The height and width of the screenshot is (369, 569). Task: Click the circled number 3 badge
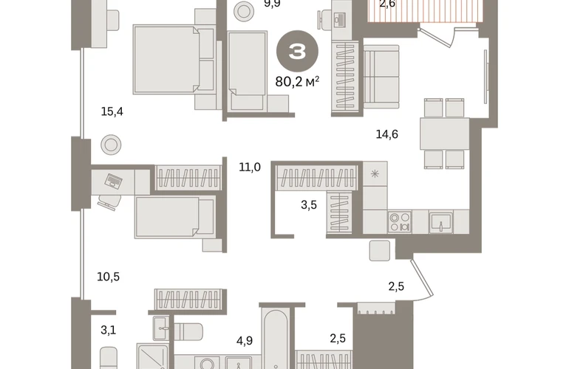(297, 52)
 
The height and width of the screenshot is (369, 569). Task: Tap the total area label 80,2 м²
(297, 82)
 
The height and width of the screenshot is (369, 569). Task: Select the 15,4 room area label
(112, 111)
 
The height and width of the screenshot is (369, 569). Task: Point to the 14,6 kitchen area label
(386, 134)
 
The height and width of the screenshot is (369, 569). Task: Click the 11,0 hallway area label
(250, 167)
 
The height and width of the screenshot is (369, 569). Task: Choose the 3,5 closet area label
(309, 205)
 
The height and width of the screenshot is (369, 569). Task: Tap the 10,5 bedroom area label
(108, 277)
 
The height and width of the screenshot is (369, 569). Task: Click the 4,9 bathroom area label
(244, 341)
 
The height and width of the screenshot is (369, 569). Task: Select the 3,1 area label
(108, 330)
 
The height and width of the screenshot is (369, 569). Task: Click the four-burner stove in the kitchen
(400, 222)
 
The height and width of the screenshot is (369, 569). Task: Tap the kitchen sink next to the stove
(441, 222)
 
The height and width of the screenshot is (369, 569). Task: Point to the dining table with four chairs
(445, 134)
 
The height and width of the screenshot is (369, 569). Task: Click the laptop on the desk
(113, 181)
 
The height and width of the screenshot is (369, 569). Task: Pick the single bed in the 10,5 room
(175, 217)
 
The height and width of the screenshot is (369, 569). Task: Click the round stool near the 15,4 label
(111, 145)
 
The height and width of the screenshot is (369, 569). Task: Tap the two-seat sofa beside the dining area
(381, 77)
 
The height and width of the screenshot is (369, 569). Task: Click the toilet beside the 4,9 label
(188, 331)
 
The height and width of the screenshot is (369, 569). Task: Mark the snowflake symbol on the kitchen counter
(375, 174)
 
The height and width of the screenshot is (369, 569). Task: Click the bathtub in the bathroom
(276, 339)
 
